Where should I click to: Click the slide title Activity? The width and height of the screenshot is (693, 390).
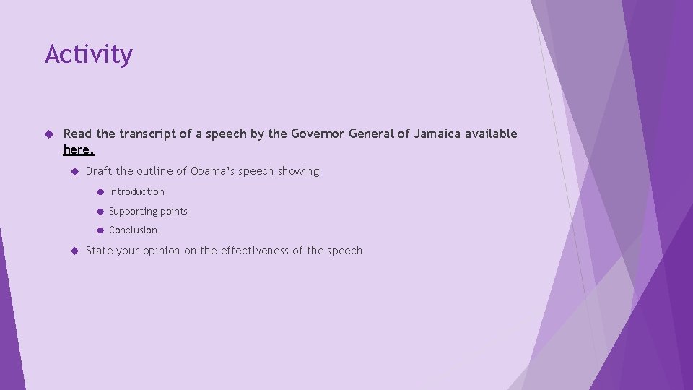tap(89, 54)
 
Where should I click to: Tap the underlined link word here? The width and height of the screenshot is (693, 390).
tap(78, 149)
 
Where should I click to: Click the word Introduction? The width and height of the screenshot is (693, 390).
tap(136, 191)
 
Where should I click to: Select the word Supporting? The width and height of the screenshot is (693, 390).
tap(133, 211)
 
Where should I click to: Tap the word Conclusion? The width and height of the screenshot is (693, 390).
tap(133, 230)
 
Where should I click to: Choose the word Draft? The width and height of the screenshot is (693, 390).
tap(99, 171)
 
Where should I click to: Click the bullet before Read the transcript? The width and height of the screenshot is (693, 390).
tap(49, 134)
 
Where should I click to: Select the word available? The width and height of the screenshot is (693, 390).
tap(491, 134)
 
